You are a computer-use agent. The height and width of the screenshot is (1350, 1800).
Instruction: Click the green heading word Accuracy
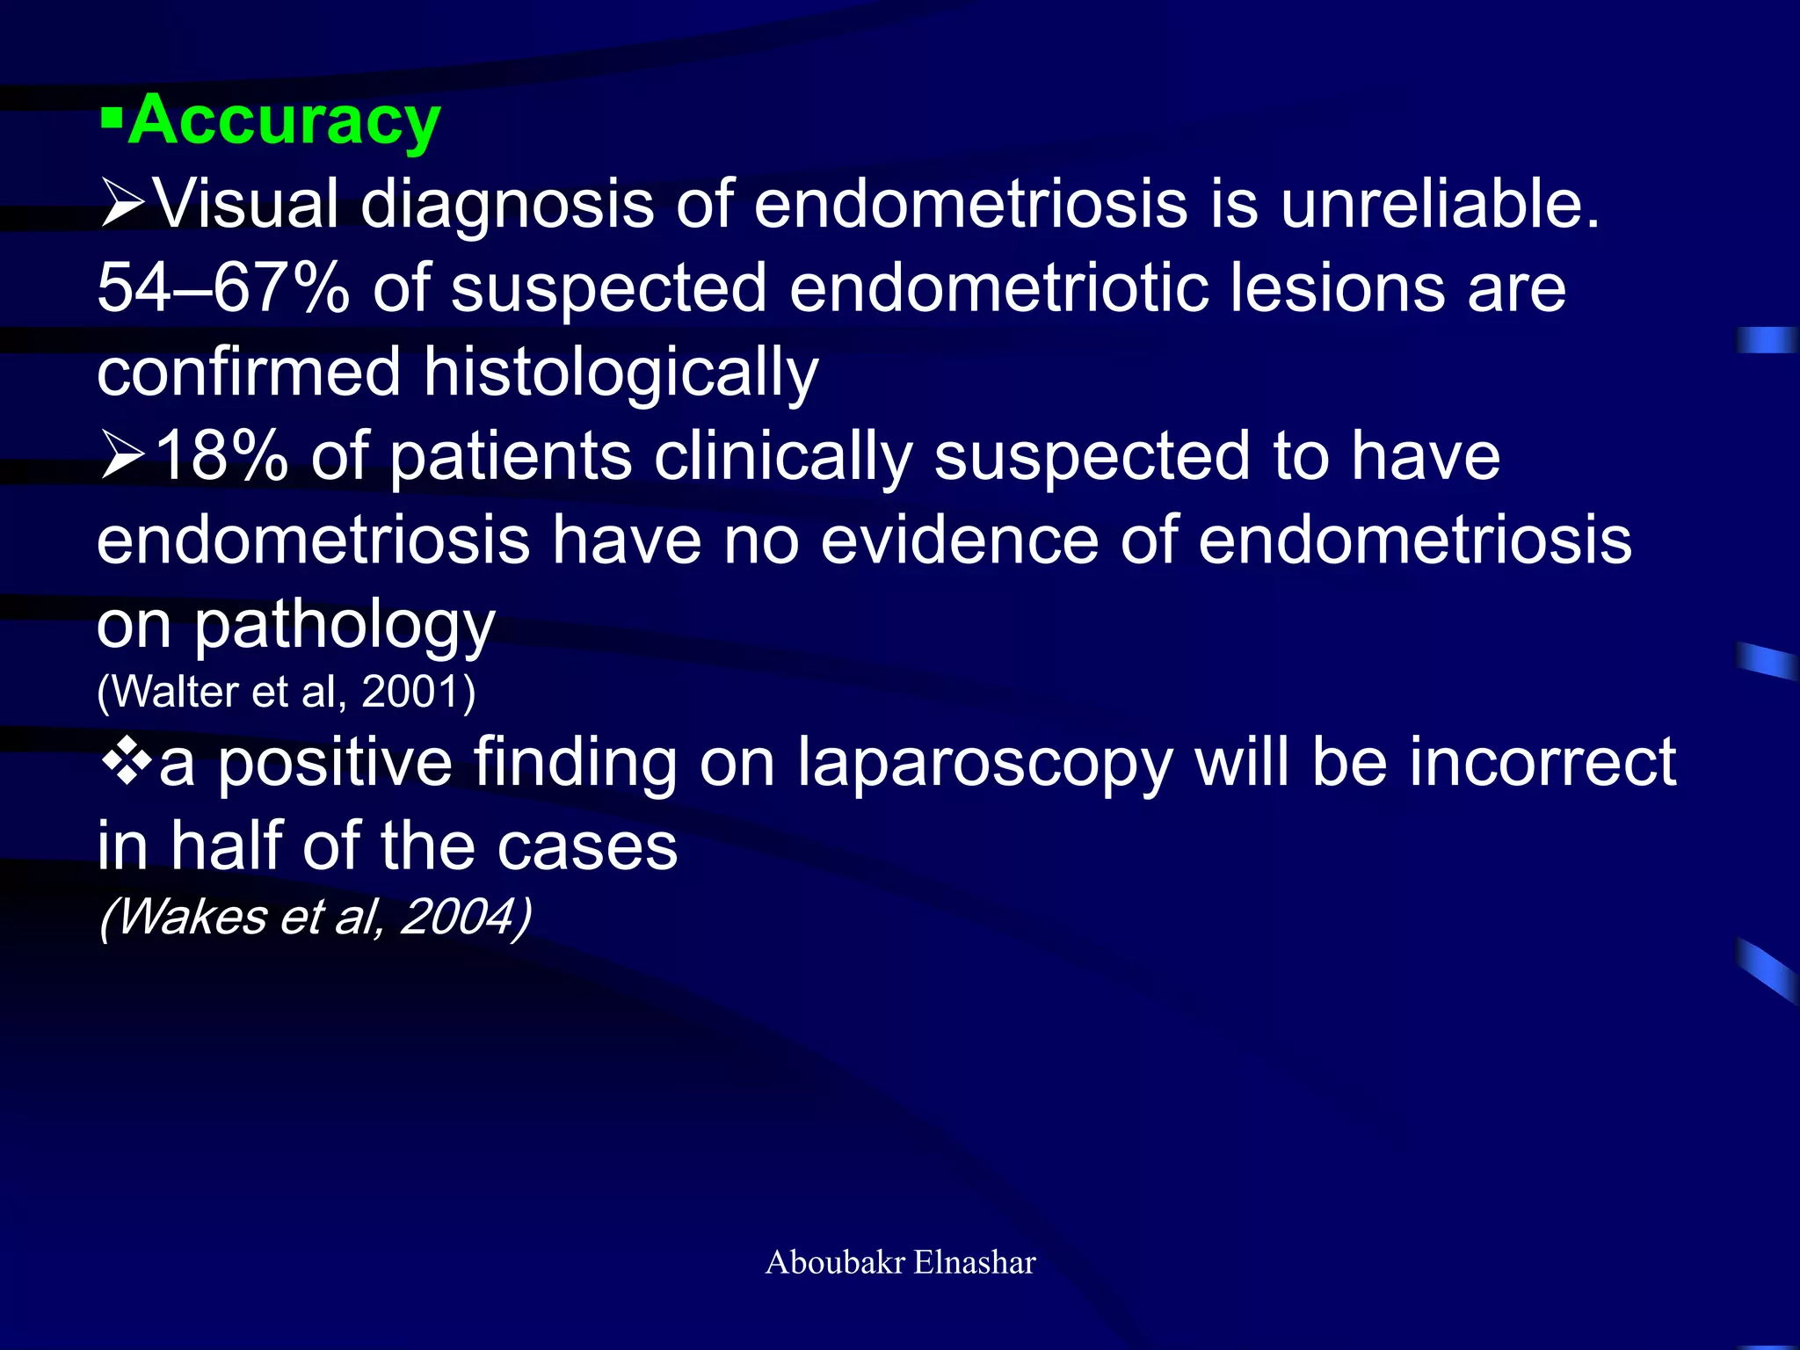tap(284, 120)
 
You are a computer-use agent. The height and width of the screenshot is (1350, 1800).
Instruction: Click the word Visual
tap(246, 204)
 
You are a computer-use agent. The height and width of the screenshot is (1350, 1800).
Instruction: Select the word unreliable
tap(1440, 204)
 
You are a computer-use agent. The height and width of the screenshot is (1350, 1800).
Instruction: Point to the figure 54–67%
tap(223, 288)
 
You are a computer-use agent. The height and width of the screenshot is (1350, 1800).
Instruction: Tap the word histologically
tap(621, 373)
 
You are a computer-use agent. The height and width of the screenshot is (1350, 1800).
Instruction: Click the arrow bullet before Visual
tap(122, 205)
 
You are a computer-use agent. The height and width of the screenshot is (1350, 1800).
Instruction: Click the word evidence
tap(959, 541)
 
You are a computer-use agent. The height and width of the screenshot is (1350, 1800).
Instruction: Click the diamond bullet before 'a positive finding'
tap(127, 759)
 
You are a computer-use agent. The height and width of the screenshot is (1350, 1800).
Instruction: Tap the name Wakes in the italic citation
tap(192, 917)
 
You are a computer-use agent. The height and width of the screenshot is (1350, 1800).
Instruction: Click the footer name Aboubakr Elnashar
tap(900, 1262)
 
